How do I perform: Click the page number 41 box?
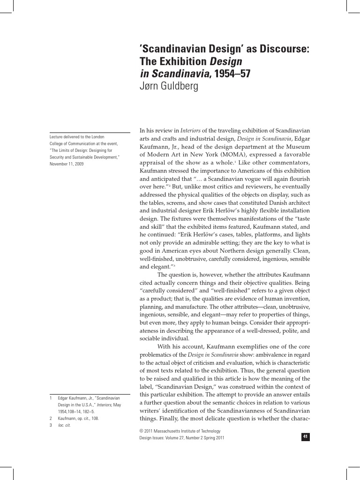point(305,437)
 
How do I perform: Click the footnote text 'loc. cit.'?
point(64,425)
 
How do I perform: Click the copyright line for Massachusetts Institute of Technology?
point(180,431)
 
